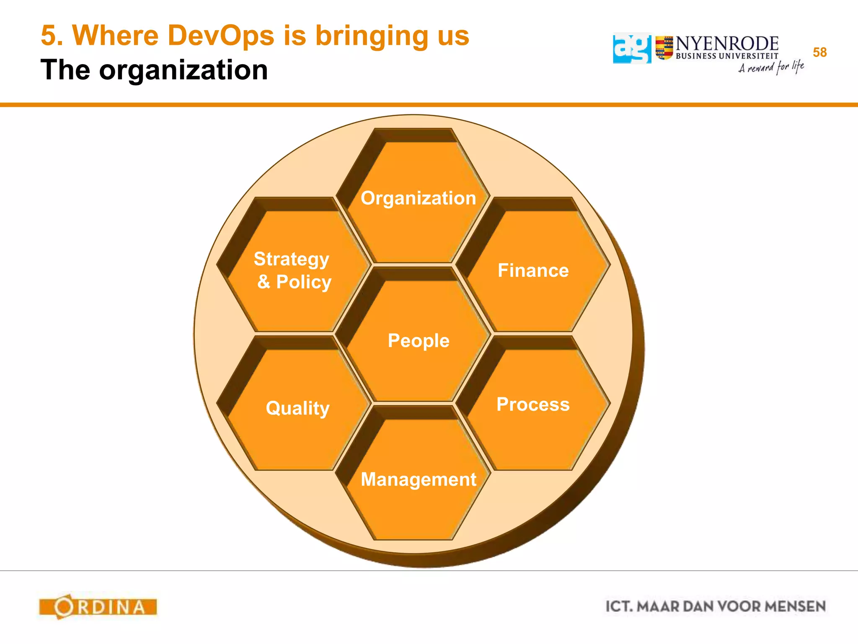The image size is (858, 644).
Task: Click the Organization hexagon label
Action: click(418, 198)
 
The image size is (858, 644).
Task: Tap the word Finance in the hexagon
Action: click(533, 270)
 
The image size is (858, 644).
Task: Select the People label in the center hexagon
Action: click(418, 340)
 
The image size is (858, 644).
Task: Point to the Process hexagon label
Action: click(533, 405)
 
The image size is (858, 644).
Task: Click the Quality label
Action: click(297, 408)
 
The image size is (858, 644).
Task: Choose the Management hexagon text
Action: click(418, 479)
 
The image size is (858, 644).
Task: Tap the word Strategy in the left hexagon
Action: click(291, 259)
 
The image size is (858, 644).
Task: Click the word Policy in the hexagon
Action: click(304, 282)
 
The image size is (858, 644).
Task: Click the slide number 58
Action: click(819, 52)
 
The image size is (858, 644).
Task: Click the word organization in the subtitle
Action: click(183, 70)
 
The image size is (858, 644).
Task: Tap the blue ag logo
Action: click(632, 49)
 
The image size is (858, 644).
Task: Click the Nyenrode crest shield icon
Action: click(664, 48)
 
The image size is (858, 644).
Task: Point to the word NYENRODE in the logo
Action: click(726, 44)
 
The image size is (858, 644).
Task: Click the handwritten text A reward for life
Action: click(771, 67)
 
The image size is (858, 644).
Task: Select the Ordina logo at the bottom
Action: click(98, 607)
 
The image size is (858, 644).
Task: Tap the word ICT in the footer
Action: click(619, 607)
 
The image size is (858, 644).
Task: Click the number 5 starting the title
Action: click(48, 36)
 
